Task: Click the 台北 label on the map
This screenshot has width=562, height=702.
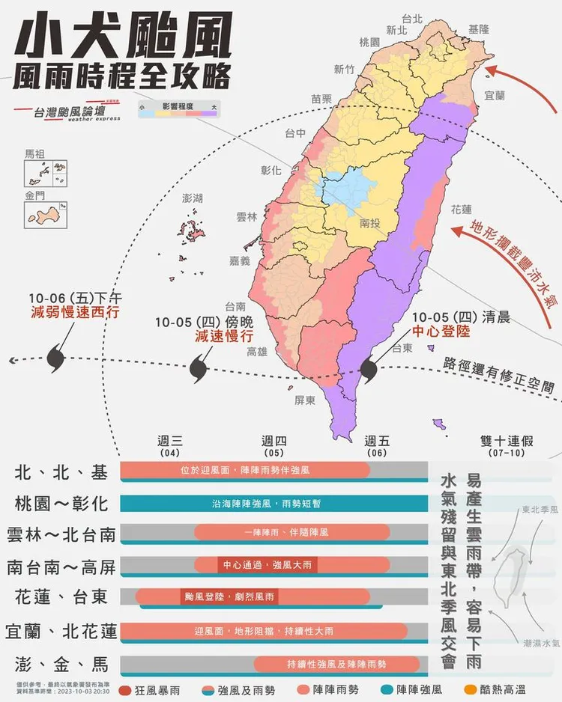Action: [x=413, y=18]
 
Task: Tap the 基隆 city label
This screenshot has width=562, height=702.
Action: [x=478, y=29]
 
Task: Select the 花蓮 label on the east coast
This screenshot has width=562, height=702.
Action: [x=462, y=210]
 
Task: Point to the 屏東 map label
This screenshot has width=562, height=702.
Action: [x=305, y=400]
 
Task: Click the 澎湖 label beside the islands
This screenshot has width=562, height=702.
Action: [x=193, y=199]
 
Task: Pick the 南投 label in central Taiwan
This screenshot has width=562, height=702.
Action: [x=370, y=223]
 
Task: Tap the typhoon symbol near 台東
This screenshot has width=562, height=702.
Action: [x=369, y=370]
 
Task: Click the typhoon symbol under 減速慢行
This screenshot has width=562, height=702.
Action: [x=198, y=368]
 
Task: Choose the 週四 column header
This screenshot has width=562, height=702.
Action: [x=274, y=441]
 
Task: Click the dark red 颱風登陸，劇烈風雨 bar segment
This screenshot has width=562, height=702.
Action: [x=229, y=596]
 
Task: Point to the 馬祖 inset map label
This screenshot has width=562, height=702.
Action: [x=34, y=154]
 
